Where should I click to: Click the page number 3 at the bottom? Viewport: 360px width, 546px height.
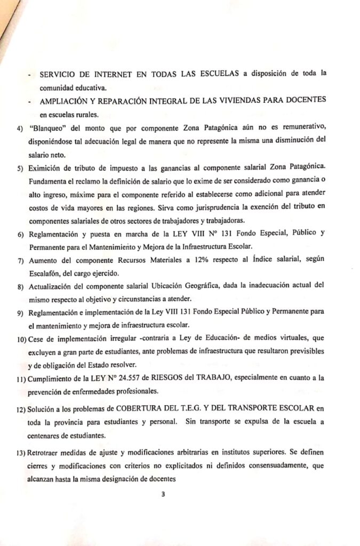click(x=164, y=494)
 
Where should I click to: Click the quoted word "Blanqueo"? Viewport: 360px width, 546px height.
click(x=48, y=129)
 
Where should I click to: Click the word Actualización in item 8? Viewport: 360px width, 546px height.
click(x=54, y=286)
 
